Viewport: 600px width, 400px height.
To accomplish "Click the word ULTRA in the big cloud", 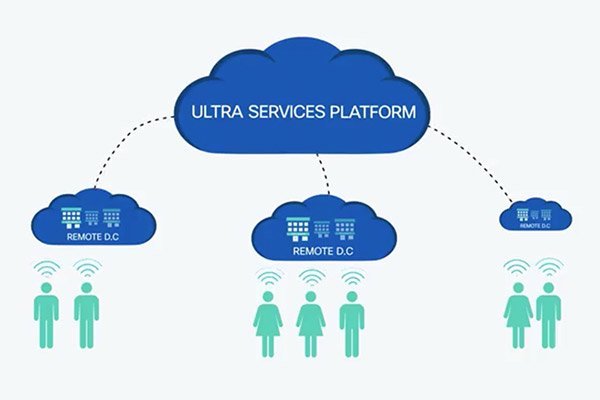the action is tap(217, 112).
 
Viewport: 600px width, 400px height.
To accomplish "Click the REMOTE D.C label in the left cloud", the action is tap(93, 237).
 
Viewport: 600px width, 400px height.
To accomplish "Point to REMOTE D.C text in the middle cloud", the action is tap(323, 251).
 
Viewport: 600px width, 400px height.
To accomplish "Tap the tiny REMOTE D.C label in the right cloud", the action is tap(535, 226).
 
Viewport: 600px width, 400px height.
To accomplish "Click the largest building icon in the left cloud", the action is tap(72, 218).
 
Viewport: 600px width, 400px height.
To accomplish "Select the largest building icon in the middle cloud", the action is tap(298, 229).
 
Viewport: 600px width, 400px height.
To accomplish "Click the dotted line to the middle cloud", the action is tap(324, 174).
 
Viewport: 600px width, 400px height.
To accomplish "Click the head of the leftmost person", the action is tap(46, 287).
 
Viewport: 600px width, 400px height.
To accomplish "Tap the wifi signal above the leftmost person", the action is tap(47, 268).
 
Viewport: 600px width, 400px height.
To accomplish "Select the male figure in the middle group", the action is tap(352, 324).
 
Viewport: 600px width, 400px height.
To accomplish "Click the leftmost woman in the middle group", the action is tap(268, 324).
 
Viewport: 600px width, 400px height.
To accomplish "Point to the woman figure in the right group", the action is tap(518, 315).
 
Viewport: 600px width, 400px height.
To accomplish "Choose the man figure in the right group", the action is tap(548, 315).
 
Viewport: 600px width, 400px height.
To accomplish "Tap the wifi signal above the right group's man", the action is tap(549, 267).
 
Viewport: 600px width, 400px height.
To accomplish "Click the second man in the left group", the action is tap(86, 315).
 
